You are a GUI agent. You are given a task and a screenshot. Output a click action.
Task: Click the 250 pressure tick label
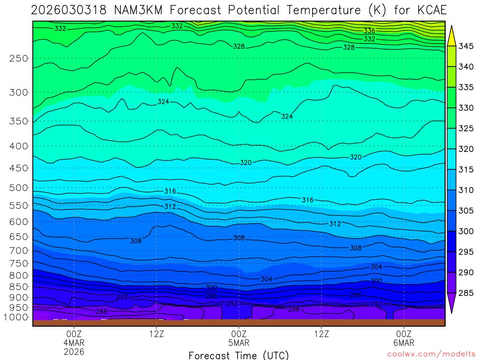pos(19,59)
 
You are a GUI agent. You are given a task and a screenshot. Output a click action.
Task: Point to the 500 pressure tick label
pos(19,188)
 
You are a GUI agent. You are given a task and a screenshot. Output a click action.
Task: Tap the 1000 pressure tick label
pos(17,317)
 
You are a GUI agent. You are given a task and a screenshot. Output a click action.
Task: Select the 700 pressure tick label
pos(19,251)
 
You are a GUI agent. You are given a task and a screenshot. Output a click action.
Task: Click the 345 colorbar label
pos(466,46)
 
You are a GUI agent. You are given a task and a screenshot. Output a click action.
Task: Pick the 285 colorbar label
pos(466,293)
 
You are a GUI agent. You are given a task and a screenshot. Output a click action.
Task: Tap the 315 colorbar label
pos(466,169)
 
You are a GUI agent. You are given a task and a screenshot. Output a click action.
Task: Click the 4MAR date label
pos(74,343)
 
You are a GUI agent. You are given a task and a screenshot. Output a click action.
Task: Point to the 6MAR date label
pos(404,343)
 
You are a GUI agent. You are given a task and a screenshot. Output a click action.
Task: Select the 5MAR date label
pos(239,343)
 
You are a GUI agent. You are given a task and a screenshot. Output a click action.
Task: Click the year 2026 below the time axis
pos(74,352)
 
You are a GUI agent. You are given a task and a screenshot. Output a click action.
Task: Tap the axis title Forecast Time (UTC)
pos(239,355)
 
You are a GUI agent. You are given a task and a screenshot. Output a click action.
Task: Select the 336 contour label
pos(369,31)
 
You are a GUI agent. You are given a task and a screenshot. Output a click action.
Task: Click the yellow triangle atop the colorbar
pos(451,35)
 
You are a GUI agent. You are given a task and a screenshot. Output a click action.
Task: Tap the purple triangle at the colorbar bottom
pos(451,303)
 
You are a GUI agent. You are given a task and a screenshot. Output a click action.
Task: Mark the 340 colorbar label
pos(466,67)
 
